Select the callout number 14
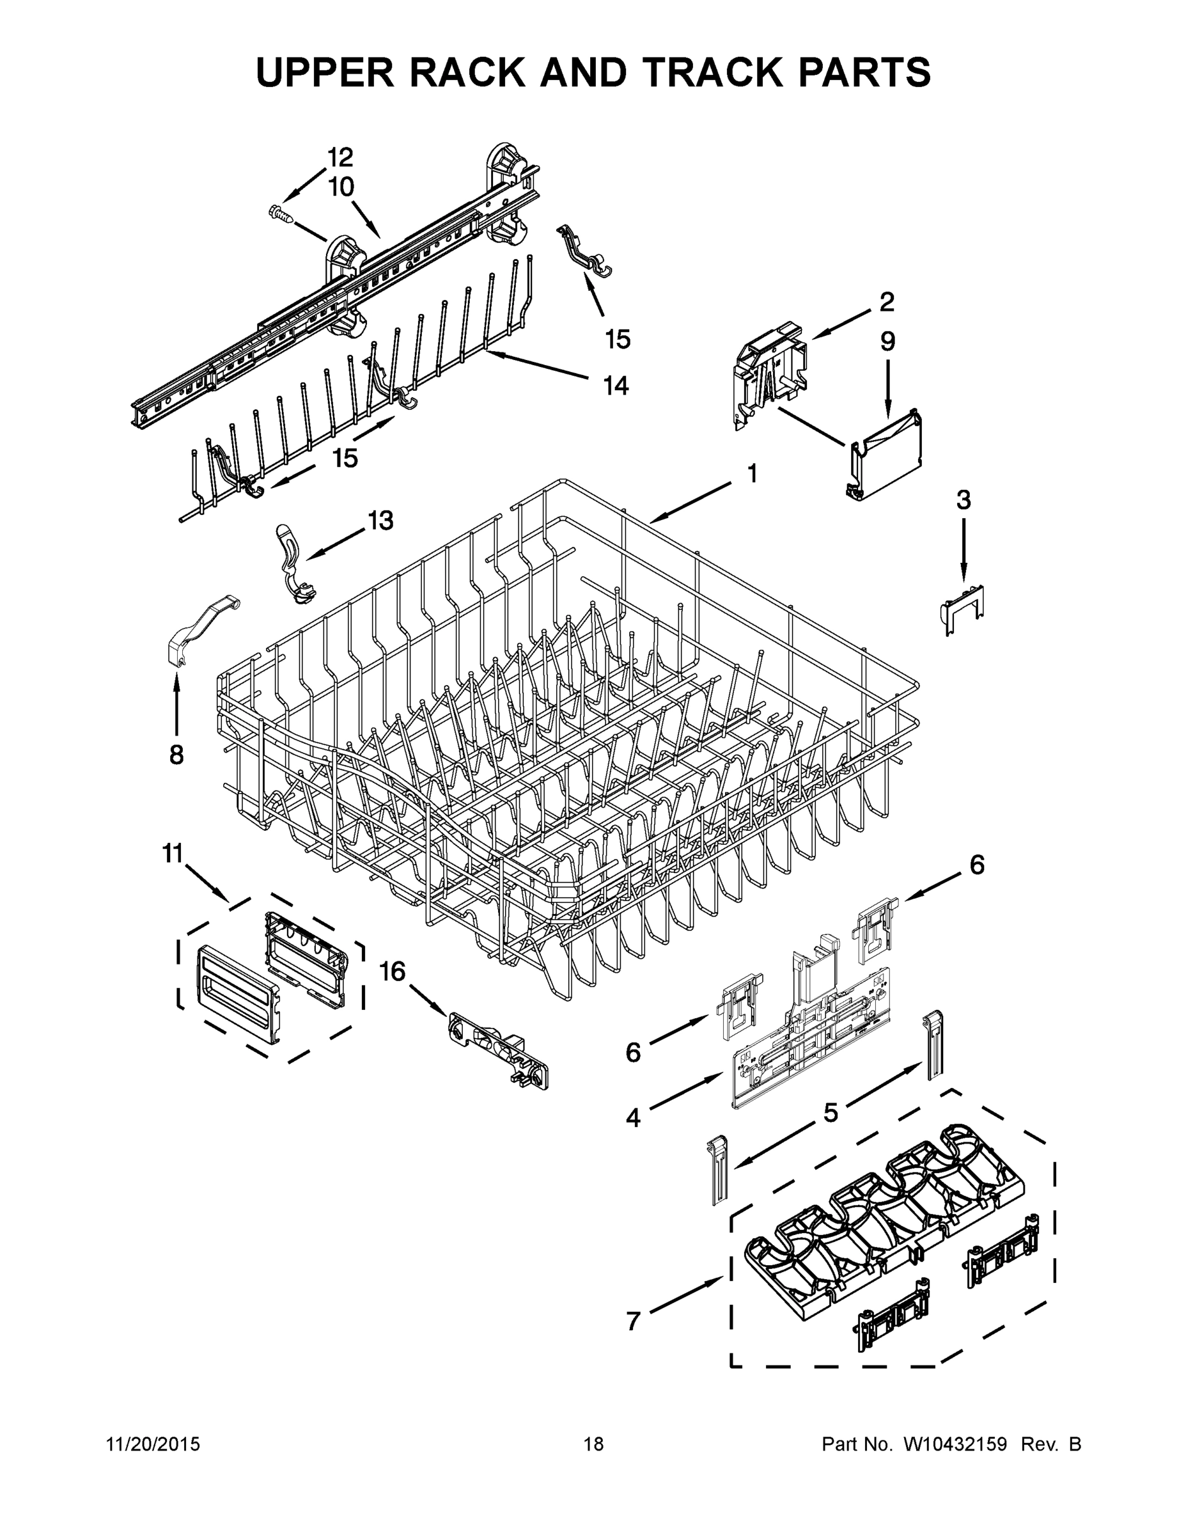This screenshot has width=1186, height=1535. [x=616, y=385]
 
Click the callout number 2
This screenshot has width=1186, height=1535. [x=887, y=303]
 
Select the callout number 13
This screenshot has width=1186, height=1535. [x=380, y=521]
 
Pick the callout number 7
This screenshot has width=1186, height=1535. [x=633, y=1322]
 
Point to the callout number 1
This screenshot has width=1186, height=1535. [x=752, y=474]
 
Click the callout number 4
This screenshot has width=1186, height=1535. [x=633, y=1118]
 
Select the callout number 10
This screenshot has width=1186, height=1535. [x=341, y=187]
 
